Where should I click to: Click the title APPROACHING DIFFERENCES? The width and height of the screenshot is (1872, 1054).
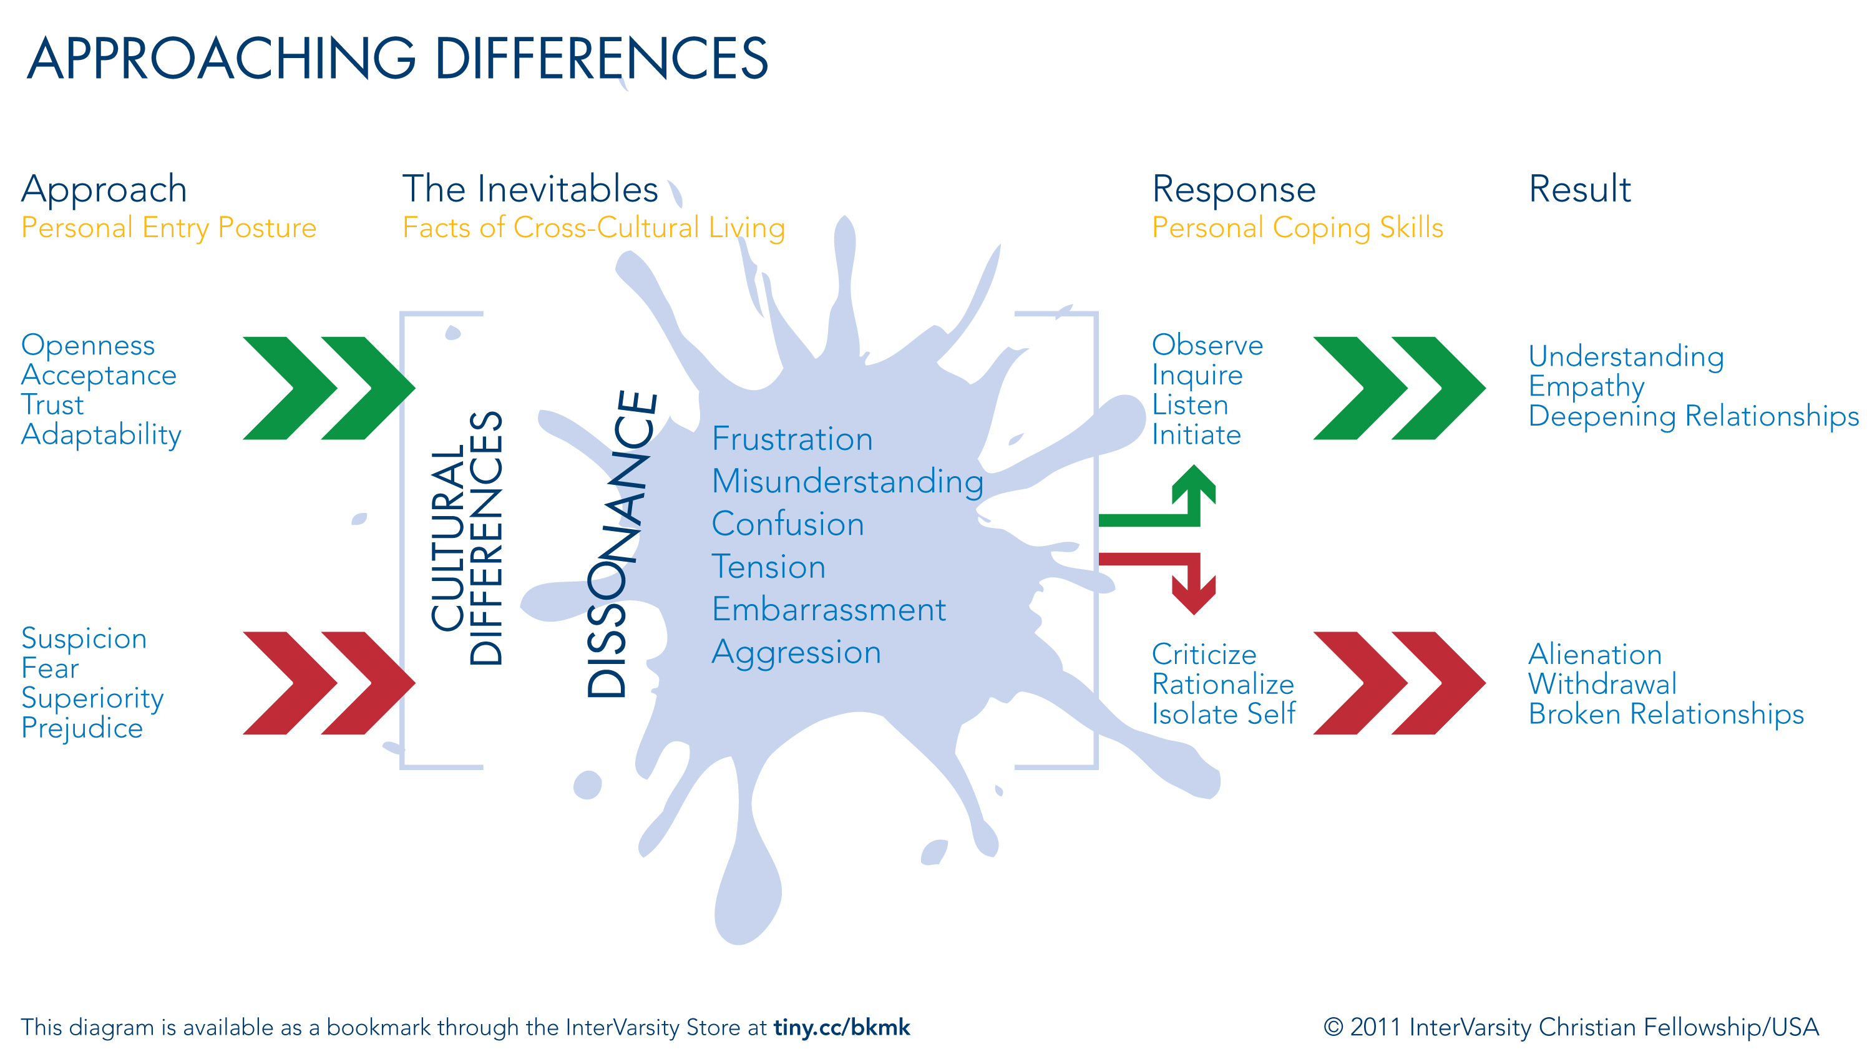pos(397,58)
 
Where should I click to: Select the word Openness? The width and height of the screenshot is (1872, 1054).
pos(88,344)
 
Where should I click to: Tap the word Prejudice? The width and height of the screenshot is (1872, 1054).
pos(82,728)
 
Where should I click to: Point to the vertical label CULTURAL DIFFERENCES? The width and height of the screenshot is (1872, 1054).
pos(467,538)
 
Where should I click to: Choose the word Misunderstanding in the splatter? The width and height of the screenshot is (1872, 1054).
pos(847,481)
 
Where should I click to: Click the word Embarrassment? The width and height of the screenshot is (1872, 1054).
pos(829,609)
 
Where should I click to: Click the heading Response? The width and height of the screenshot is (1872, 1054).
pos(1233,189)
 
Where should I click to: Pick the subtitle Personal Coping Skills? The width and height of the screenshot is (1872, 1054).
pos(1297,228)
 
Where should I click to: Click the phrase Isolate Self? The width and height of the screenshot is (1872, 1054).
pos(1223,714)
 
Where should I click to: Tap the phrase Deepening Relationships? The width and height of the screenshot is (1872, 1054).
pos(1694,416)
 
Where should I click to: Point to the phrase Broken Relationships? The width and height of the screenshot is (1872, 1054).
pos(1665,714)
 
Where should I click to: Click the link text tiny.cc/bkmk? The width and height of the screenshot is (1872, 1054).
pos(842,1027)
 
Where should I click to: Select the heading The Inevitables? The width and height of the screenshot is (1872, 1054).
pos(530,189)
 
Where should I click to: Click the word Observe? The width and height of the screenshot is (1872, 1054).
pos(1207,344)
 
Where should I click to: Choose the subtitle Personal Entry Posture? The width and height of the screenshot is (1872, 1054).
pos(168,228)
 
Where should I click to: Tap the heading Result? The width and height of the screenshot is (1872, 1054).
pos(1579,189)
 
